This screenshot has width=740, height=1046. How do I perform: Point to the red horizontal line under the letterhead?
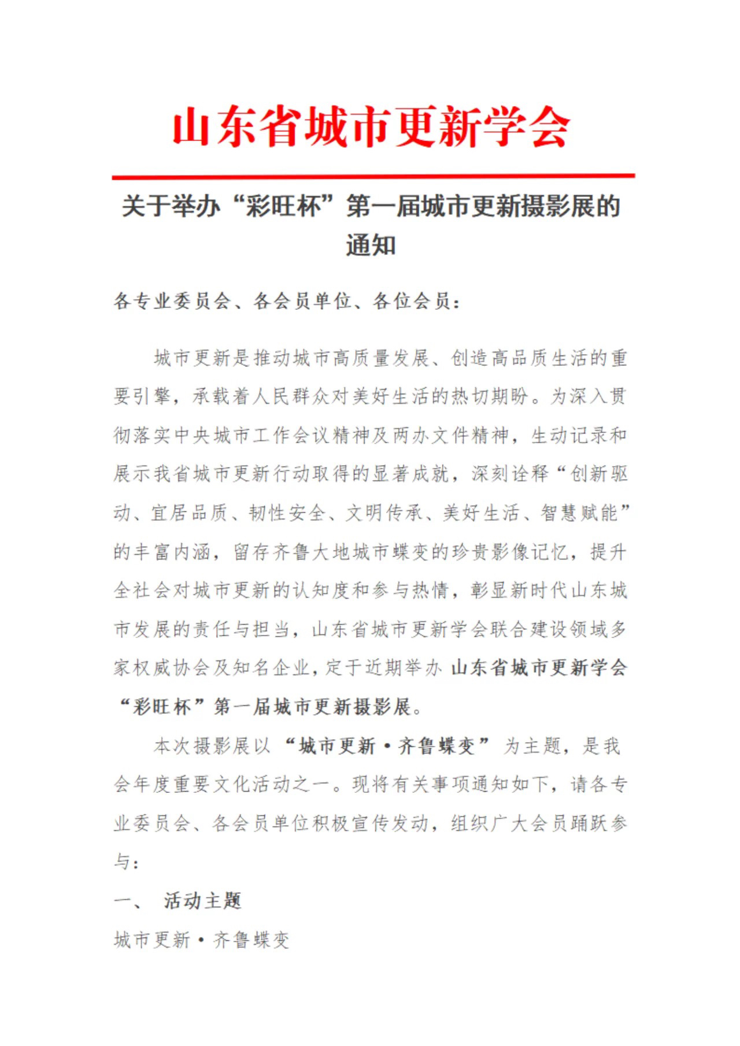tap(373, 175)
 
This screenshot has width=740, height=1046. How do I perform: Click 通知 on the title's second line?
tap(371, 245)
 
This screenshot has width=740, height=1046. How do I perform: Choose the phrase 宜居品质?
tap(190, 513)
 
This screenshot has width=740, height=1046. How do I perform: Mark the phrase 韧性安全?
tap(287, 513)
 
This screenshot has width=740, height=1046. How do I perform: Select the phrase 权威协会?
tap(171, 668)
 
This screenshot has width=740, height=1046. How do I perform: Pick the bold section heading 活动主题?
tap(202, 900)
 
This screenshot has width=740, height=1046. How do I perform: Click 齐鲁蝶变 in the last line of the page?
tap(251, 940)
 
